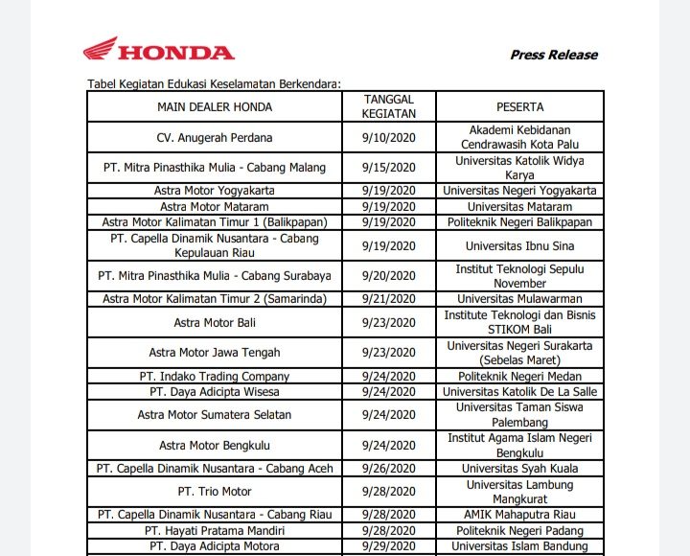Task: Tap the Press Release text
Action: pos(553,55)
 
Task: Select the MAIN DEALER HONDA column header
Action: pos(214,106)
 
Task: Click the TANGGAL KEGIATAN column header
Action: pos(388,105)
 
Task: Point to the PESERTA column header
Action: pos(519,106)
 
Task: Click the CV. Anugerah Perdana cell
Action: pos(214,137)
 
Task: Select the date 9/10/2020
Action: pos(388,137)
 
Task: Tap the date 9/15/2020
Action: pos(388,168)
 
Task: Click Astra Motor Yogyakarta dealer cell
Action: pos(214,191)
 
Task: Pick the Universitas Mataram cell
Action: pos(519,206)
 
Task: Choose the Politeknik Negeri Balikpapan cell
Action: pos(519,222)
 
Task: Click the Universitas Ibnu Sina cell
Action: pos(519,245)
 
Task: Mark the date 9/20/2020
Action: pos(388,276)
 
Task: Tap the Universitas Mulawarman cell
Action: pos(519,299)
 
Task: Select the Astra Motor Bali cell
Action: pos(214,322)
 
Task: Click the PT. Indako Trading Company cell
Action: pos(214,377)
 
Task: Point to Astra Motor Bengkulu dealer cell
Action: pos(214,446)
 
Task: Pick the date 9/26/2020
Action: pos(388,469)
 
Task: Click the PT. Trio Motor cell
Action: pos(214,492)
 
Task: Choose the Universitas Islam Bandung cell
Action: pos(519,545)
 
